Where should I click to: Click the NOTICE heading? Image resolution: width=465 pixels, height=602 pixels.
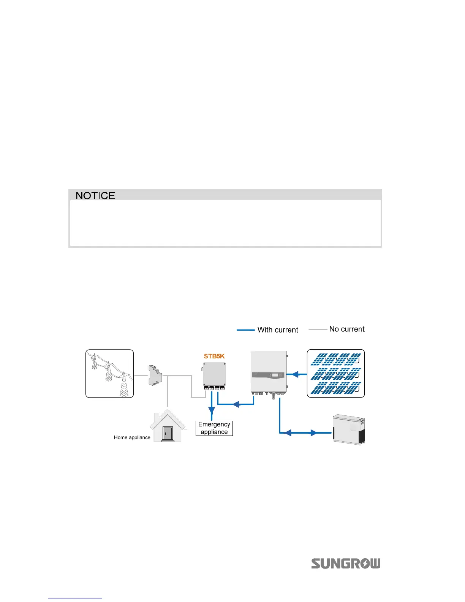95,195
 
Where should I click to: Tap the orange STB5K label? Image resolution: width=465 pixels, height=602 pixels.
214,356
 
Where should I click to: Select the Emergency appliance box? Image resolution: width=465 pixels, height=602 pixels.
214,428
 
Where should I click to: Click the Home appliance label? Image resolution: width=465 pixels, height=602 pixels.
132,437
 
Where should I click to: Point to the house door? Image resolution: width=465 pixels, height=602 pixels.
167,434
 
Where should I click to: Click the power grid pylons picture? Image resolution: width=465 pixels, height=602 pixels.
109,374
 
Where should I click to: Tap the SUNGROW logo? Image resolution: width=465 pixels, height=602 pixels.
346,564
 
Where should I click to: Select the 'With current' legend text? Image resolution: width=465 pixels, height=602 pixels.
278,330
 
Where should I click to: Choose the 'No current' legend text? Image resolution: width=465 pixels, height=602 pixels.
347,329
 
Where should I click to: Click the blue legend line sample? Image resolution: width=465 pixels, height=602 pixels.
245,330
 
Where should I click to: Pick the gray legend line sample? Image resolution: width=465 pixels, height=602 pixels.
318,329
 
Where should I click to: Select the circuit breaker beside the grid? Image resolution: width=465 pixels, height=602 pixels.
155,375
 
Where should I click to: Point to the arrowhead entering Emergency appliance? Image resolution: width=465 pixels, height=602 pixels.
212,411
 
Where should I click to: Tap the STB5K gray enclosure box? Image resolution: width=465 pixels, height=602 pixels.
214,374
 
